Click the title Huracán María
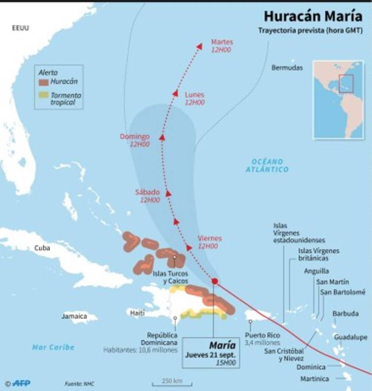tap(313, 16)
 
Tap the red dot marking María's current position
tap(215, 281)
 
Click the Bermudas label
tap(287, 68)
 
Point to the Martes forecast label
tap(222, 42)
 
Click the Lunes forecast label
tap(195, 95)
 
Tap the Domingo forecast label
tap(134, 137)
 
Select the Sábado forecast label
tap(147, 192)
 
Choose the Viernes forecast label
tap(210, 239)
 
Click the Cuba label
tap(42, 248)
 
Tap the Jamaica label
tap(74, 316)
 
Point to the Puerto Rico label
tap(263, 335)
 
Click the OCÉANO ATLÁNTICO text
tap(267, 165)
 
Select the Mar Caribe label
tap(53, 347)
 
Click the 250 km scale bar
tap(172, 382)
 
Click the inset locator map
tap(338, 100)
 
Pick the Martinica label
tap(314, 379)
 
